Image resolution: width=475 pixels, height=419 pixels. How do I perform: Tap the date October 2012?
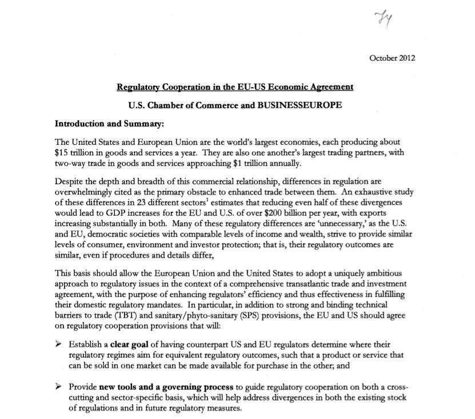coord(392,58)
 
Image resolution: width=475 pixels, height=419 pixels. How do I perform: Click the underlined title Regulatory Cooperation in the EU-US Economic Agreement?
coord(235,88)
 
